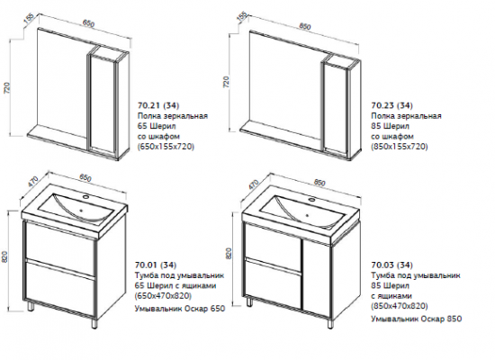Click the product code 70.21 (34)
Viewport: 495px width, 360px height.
pos(158,105)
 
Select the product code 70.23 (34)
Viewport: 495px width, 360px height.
pos(391,105)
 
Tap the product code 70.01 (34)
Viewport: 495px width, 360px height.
pos(156,265)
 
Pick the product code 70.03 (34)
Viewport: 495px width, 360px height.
pos(391,265)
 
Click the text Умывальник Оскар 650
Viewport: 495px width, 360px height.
pos(180,309)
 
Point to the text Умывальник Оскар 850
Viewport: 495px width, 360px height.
pos(417,319)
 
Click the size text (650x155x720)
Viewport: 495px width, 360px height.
pos(166,147)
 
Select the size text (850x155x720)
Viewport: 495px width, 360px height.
pos(400,147)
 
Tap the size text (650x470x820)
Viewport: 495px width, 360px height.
pos(163,296)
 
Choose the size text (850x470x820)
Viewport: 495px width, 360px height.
pos(400,307)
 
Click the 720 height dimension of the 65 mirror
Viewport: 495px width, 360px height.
pos(7,88)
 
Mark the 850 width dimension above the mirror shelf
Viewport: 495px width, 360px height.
pos(304,26)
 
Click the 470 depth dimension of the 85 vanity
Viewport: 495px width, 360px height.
pos(253,184)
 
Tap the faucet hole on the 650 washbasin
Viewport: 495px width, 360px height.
pos(85,198)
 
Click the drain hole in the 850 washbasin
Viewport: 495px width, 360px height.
pos(306,216)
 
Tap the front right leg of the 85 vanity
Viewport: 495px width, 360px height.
pos(329,323)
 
